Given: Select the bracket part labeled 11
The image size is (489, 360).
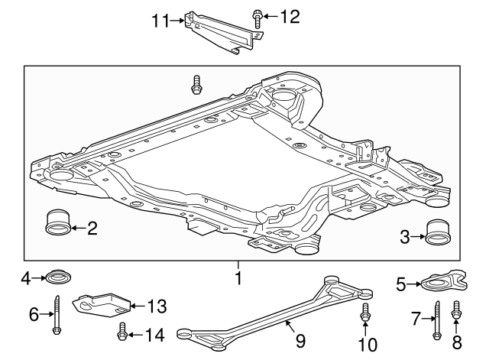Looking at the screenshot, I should tap(222, 34).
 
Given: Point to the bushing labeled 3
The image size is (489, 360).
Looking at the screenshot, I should tap(438, 233).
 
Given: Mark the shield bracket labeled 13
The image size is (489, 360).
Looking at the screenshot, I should tap(102, 304).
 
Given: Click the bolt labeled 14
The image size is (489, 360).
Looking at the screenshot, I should tap(121, 332).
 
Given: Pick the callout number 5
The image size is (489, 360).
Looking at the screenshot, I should tap(400, 285).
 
